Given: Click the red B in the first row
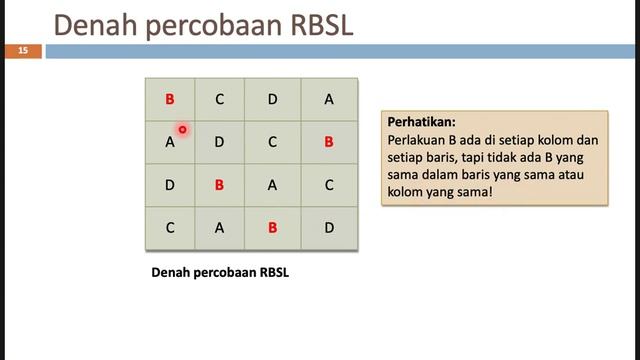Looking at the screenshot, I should (x=170, y=99).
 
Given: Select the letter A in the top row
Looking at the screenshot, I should (x=329, y=99).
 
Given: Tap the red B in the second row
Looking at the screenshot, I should (x=329, y=142).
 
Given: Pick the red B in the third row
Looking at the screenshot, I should (x=219, y=185).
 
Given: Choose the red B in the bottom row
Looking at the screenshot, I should (x=272, y=228).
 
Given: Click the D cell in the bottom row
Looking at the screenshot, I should (x=329, y=228).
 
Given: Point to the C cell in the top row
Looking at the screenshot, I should (x=219, y=99).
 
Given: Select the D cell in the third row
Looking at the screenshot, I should (x=170, y=185).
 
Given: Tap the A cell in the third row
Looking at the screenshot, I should (x=272, y=185).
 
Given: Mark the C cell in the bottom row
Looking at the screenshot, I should (x=170, y=228).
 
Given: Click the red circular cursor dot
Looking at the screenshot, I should (x=183, y=129).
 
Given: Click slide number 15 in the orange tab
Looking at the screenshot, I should (x=22, y=50).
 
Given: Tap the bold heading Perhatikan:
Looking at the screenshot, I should (x=421, y=122).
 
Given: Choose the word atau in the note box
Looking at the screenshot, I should (x=572, y=175).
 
